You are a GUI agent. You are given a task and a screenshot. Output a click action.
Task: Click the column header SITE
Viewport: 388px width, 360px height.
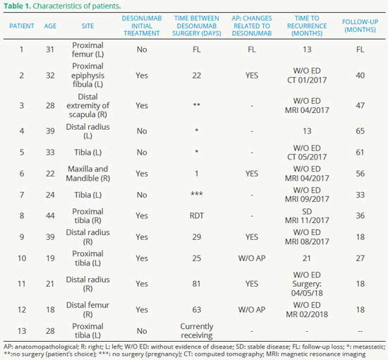coord(87,26)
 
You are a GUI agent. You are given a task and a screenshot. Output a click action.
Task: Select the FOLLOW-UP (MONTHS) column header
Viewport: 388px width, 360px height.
coord(360,25)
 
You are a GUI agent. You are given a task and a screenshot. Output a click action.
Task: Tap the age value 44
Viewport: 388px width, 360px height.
coord(50,216)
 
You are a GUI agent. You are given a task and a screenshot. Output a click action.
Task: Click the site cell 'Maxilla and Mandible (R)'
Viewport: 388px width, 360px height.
coord(88,174)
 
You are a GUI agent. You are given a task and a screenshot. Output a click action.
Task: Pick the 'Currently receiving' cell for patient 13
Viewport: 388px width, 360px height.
coord(197,331)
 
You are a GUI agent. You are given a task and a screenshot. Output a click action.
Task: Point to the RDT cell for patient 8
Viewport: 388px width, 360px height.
coord(197,216)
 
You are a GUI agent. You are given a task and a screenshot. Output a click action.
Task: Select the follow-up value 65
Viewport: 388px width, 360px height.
coord(360,131)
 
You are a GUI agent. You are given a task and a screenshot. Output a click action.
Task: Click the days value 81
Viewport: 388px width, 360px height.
coord(197,284)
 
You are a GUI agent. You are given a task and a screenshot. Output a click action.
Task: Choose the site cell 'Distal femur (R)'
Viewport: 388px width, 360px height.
coord(88,309)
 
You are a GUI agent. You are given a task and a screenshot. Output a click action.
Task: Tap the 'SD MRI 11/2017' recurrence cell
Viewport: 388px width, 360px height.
coord(307,216)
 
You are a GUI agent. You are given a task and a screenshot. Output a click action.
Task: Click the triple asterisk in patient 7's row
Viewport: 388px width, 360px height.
coord(197,193)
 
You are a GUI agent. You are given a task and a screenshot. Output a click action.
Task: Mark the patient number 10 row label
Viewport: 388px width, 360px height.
coord(22,258)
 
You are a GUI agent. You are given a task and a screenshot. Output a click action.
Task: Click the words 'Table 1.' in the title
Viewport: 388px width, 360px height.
coord(18,6)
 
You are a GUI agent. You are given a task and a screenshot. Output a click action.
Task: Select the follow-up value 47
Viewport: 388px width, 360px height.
coord(360,105)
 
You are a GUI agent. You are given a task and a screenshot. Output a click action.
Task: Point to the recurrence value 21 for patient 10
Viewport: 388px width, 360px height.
coord(307,258)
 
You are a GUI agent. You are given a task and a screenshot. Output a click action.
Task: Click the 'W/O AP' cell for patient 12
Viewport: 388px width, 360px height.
coord(252,309)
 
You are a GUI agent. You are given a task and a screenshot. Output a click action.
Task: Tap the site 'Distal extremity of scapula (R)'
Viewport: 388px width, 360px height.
coord(88,105)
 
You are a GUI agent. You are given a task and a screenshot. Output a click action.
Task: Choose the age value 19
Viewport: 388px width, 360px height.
coord(50,258)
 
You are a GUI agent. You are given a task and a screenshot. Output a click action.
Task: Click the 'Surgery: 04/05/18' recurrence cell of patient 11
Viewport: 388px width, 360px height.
coord(307,289)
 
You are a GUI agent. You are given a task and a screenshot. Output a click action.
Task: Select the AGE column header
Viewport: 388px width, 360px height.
coord(50,26)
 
